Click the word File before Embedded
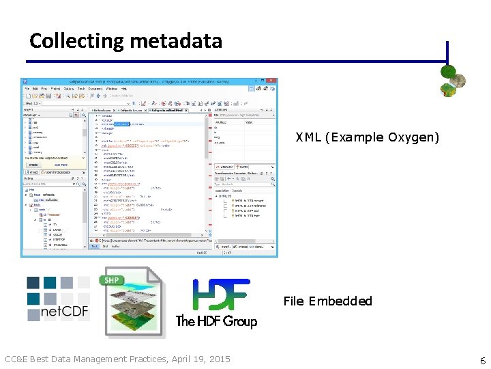coord(294,301)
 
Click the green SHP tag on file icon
coord(112,279)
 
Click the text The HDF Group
coord(216,321)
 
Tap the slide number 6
coord(483,360)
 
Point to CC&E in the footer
coord(18,359)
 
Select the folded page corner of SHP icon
coord(155,275)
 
